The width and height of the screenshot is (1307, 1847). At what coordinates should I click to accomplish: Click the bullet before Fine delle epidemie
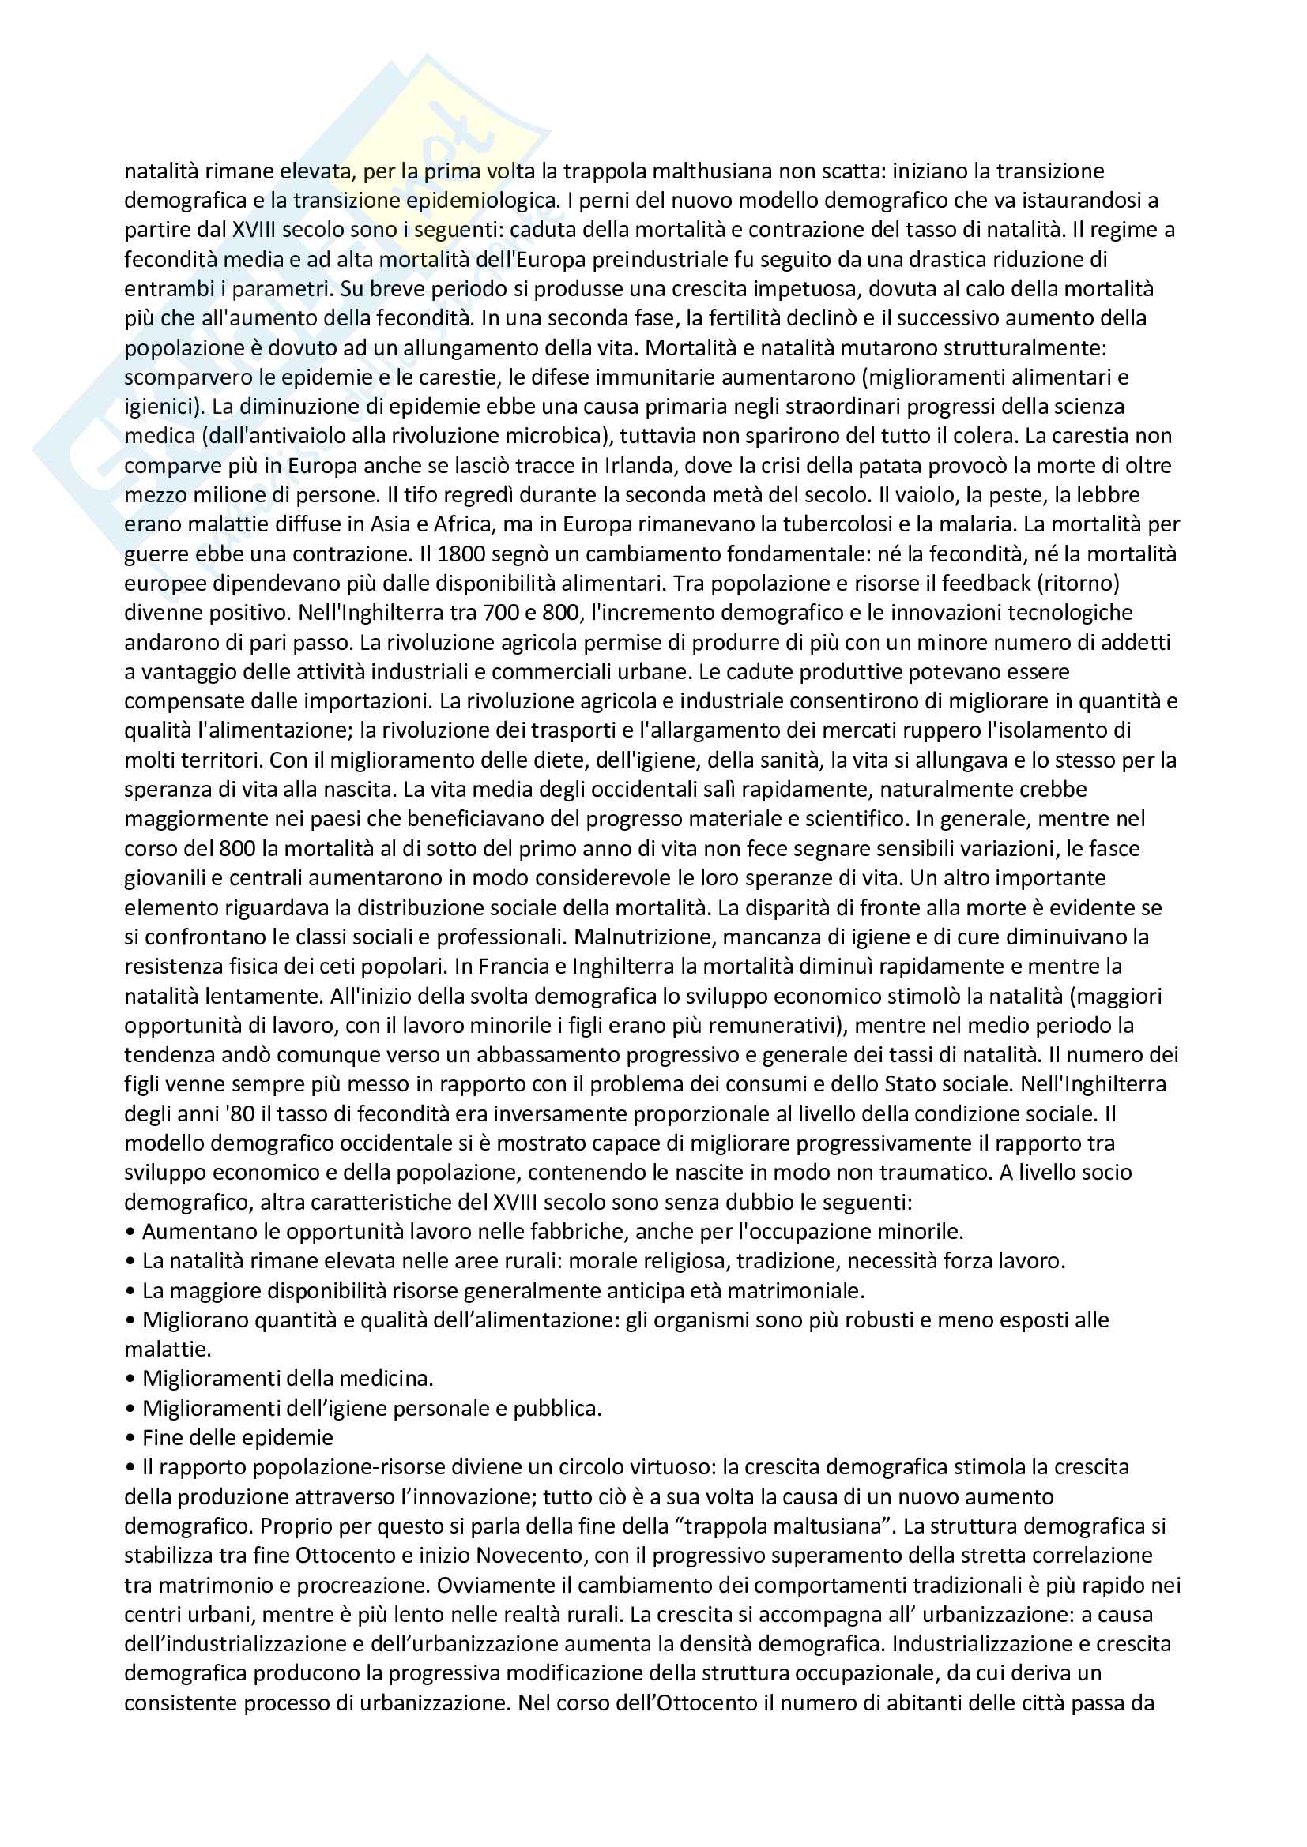[x=130, y=1438]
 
